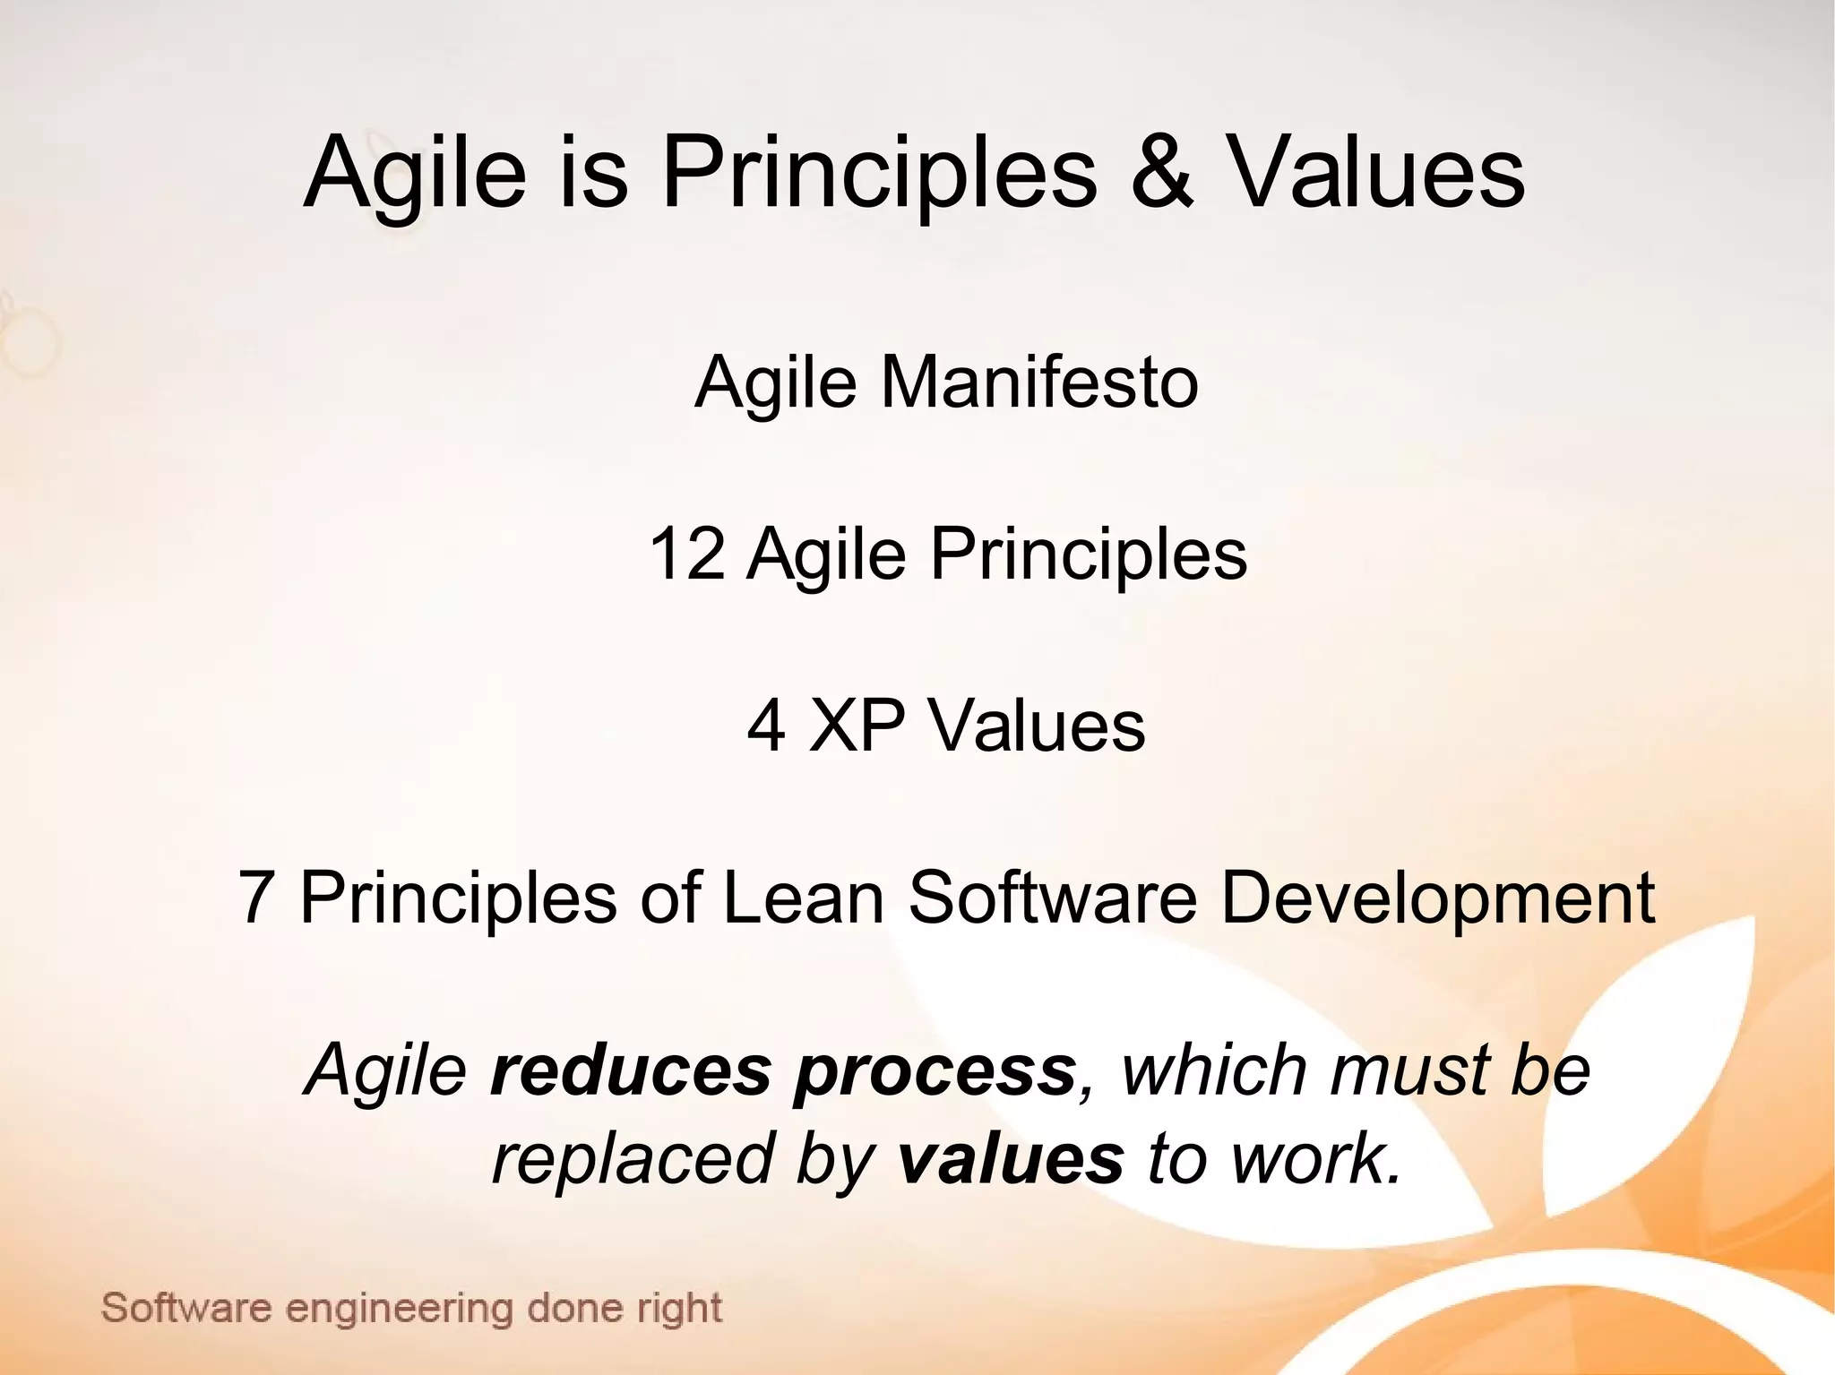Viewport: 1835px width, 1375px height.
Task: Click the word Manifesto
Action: (1039, 382)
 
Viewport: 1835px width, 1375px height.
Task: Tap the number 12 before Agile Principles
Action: (686, 554)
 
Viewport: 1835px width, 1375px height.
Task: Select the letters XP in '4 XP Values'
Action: (856, 725)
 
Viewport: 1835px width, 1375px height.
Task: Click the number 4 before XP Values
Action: (767, 726)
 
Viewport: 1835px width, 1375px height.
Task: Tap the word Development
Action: (1437, 899)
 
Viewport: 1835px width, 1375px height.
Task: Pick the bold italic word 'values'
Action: (1010, 1158)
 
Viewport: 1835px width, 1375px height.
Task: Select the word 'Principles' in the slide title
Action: (878, 172)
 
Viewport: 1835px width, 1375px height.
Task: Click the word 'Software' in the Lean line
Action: (1053, 898)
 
